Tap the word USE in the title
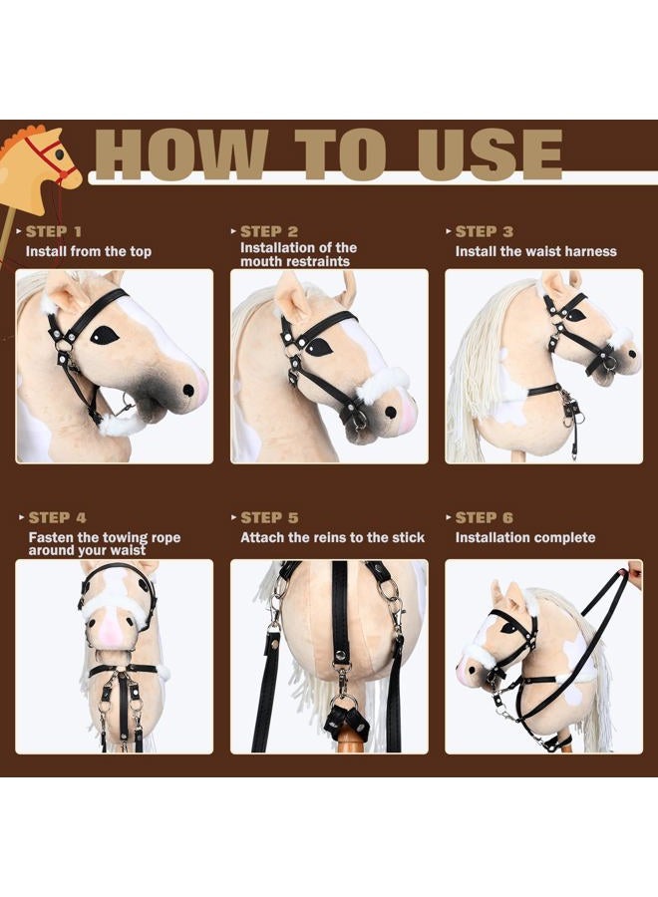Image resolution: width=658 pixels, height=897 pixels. (x=490, y=154)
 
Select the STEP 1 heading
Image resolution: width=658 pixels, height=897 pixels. (x=55, y=231)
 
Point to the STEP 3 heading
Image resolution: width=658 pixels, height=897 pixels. (x=485, y=231)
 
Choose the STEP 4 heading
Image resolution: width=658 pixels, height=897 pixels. (x=57, y=517)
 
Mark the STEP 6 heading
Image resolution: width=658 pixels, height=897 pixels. (x=485, y=517)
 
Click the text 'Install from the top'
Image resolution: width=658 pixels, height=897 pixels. (x=89, y=251)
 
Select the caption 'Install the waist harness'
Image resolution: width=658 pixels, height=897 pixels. (x=535, y=251)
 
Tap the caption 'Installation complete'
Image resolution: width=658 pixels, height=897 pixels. (x=524, y=537)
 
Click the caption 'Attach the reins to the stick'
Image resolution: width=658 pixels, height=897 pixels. (x=332, y=537)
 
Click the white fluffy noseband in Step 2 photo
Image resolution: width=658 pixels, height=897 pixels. (x=385, y=384)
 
